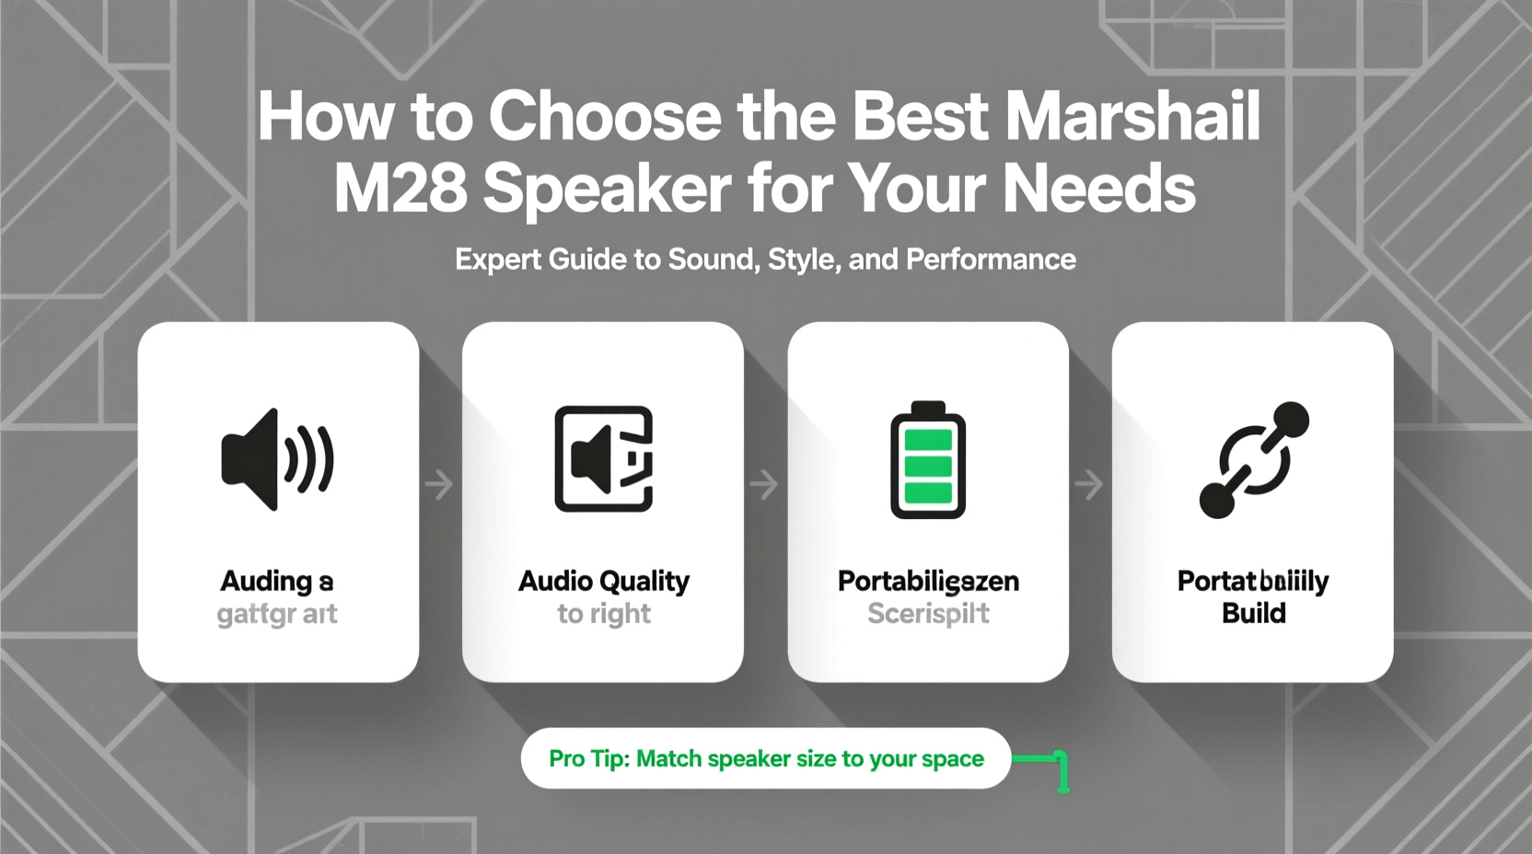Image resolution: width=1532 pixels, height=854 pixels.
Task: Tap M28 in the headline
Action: pyautogui.click(x=399, y=189)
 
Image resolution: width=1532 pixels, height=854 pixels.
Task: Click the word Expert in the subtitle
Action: pyautogui.click(x=498, y=260)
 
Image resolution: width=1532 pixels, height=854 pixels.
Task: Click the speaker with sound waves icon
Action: pyautogui.click(x=277, y=459)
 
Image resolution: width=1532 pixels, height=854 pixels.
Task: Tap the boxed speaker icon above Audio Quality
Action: pyautogui.click(x=603, y=458)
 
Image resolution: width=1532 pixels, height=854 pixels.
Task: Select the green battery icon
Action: pyautogui.click(x=928, y=459)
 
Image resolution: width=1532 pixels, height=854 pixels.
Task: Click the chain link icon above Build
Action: pyautogui.click(x=1253, y=459)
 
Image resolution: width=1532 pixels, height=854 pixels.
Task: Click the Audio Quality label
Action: pyautogui.click(x=603, y=582)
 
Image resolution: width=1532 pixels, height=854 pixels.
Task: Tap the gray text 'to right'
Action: pyautogui.click(x=603, y=614)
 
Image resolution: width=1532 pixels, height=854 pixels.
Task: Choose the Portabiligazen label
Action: pyautogui.click(x=928, y=582)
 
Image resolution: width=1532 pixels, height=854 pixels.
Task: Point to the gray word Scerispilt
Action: pyautogui.click(x=928, y=614)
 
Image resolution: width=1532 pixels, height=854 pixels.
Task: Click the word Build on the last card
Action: pyautogui.click(x=1253, y=614)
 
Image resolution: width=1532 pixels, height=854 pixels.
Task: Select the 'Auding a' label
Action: pyautogui.click(x=277, y=582)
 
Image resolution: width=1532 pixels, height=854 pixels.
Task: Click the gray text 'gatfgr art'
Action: pyautogui.click(x=277, y=614)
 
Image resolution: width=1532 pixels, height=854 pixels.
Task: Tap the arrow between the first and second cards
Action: pyautogui.click(x=440, y=484)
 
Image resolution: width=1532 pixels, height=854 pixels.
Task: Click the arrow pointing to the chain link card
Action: pyautogui.click(x=1090, y=484)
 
